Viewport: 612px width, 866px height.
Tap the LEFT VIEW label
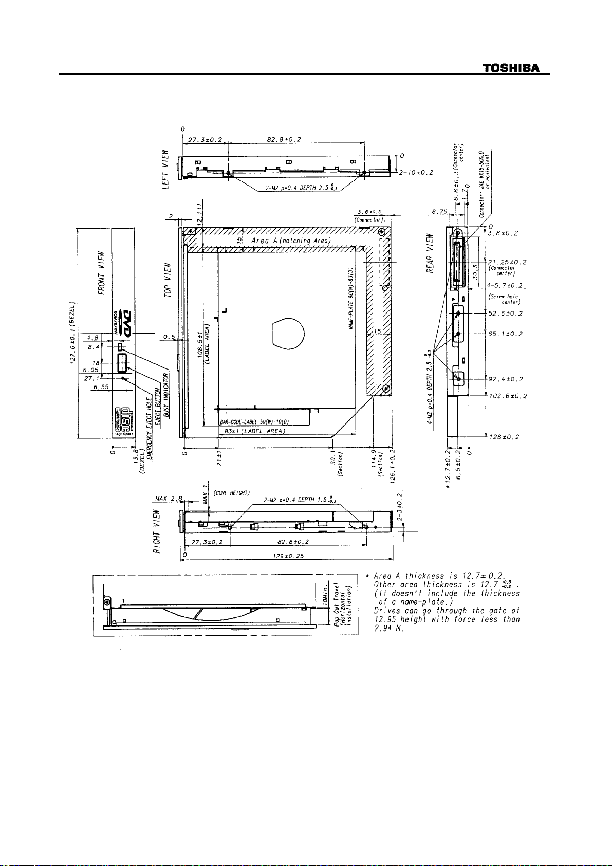(x=165, y=170)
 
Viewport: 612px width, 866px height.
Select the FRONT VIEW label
(x=102, y=272)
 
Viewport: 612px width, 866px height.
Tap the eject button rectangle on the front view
(x=122, y=363)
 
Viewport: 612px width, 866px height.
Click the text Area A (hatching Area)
(x=290, y=241)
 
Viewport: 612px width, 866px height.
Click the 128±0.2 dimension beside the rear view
(x=504, y=437)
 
